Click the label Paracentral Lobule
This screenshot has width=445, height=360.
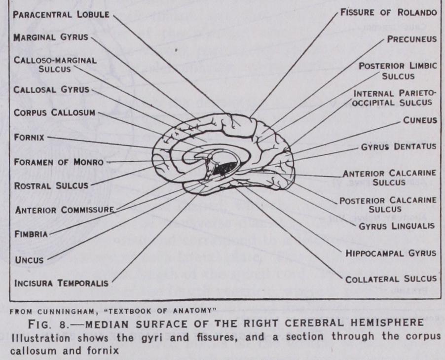click(x=61, y=15)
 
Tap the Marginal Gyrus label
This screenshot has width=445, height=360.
click(x=51, y=37)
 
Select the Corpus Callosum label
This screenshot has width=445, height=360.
click(x=54, y=112)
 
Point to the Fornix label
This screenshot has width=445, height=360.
click(x=29, y=138)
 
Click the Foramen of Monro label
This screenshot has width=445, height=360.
click(x=59, y=162)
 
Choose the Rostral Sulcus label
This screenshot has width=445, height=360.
click(x=51, y=186)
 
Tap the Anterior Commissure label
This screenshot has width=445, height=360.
click(x=65, y=210)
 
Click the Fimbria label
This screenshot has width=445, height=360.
click(x=31, y=234)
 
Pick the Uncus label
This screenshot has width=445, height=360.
click(x=29, y=260)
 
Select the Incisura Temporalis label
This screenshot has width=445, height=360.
click(x=61, y=283)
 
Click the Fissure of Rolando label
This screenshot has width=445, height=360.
click(x=389, y=12)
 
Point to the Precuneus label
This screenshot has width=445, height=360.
click(x=412, y=39)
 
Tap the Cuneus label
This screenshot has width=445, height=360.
click(x=420, y=120)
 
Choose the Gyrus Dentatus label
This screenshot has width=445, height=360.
click(x=399, y=147)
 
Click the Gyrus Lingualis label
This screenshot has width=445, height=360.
click(x=397, y=226)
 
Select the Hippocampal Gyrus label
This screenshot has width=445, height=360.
click(x=391, y=253)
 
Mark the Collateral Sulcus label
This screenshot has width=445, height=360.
click(x=391, y=279)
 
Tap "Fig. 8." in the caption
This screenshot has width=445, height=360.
click(x=48, y=324)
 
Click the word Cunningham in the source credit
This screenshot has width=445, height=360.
click(x=66, y=311)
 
